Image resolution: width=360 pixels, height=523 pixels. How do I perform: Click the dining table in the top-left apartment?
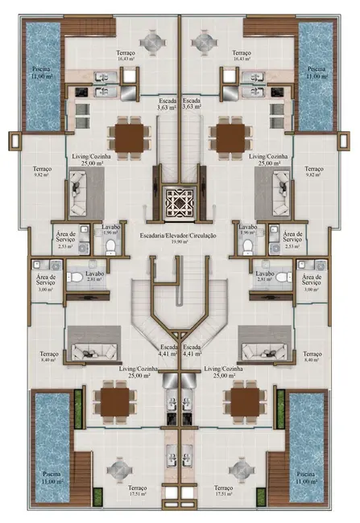coord(128,137)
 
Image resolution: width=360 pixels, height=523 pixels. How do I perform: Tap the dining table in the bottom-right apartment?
coord(244,400)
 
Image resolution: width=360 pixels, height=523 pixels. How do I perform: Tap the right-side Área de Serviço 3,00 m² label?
coord(312,282)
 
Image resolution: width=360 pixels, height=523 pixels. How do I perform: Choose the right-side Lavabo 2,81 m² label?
coord(267,278)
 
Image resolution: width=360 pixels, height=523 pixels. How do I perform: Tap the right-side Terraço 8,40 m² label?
coord(312,357)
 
